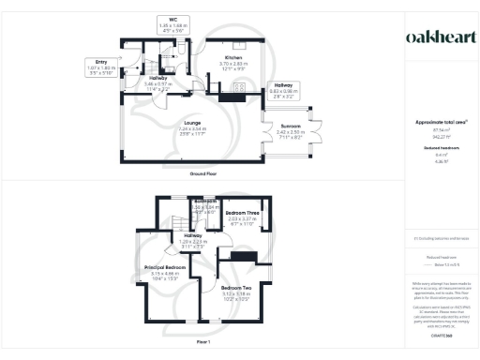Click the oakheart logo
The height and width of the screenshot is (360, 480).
point(438,37)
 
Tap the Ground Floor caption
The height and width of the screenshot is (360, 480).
point(204,173)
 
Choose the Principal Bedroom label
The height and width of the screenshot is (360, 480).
point(165,271)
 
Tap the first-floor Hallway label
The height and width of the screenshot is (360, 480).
point(192,238)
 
